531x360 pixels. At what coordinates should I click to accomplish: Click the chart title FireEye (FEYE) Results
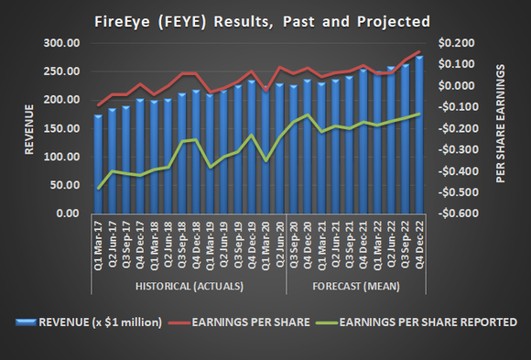click(x=265, y=19)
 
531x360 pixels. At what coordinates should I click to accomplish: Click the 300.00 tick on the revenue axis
click(x=60, y=43)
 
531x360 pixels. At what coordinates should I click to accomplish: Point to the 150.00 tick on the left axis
click(x=60, y=128)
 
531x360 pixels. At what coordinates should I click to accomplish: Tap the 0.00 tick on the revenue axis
click(x=66, y=213)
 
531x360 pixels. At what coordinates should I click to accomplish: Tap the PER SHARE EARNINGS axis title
click(x=500, y=128)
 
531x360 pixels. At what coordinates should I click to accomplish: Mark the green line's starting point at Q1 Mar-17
click(x=98, y=188)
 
